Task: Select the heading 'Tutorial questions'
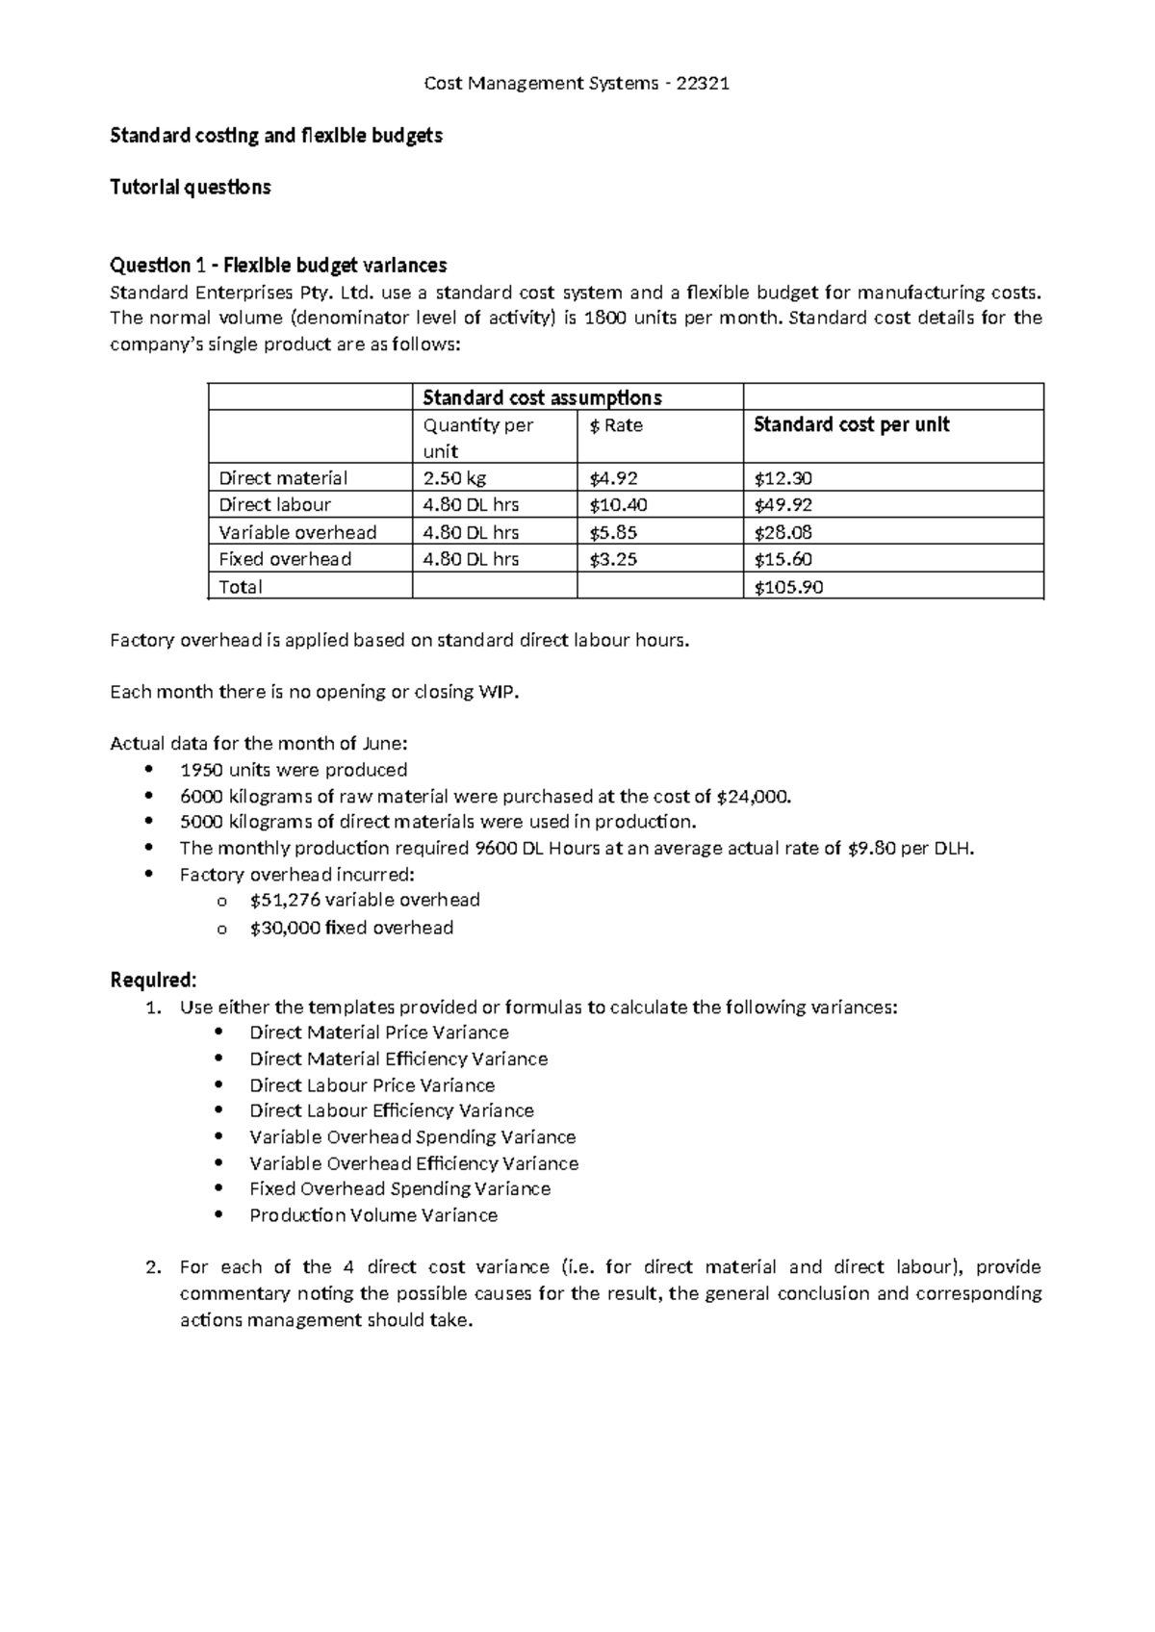190,187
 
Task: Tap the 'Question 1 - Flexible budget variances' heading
278,265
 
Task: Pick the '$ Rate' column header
616,425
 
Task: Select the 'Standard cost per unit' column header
851,424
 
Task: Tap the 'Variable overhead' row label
297,532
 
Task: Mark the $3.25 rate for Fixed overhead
613,559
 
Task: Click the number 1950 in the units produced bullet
200,770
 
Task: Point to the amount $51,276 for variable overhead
284,900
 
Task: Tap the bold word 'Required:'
153,980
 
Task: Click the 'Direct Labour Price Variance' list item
372,1085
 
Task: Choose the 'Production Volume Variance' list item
373,1215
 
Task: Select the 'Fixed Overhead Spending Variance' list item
399,1189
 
